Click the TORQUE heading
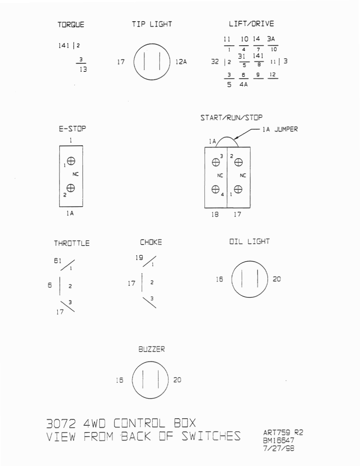pyautogui.click(x=71, y=25)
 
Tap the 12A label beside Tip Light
pyautogui.click(x=181, y=62)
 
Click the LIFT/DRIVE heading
pyautogui.click(x=251, y=24)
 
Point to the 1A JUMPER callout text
pyautogui.click(x=280, y=129)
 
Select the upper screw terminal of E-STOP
pyautogui.click(x=71, y=161)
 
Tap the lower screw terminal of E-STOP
pyautogui.click(x=71, y=189)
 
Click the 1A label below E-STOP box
pyautogui.click(x=71, y=213)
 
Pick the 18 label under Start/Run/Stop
pyautogui.click(x=215, y=214)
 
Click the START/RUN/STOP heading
pyautogui.click(x=232, y=118)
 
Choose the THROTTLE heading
pyautogui.click(x=72, y=243)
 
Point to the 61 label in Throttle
pyautogui.click(x=57, y=261)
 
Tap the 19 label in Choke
pyautogui.click(x=139, y=258)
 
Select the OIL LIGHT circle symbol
pyautogui.click(x=249, y=279)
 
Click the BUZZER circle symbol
pyautogui.click(x=150, y=380)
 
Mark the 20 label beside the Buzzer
pyautogui.click(x=177, y=380)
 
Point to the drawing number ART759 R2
pyautogui.click(x=283, y=432)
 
